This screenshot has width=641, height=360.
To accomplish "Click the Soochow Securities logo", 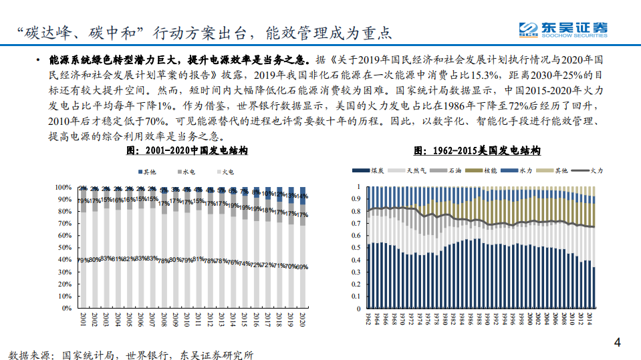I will [x=563, y=29].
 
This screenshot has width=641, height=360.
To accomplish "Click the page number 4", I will [x=617, y=344].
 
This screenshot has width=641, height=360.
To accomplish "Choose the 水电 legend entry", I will [x=186, y=172].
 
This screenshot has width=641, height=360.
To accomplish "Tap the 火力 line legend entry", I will [x=592, y=172].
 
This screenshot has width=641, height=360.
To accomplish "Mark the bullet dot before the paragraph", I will [x=40, y=59].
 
